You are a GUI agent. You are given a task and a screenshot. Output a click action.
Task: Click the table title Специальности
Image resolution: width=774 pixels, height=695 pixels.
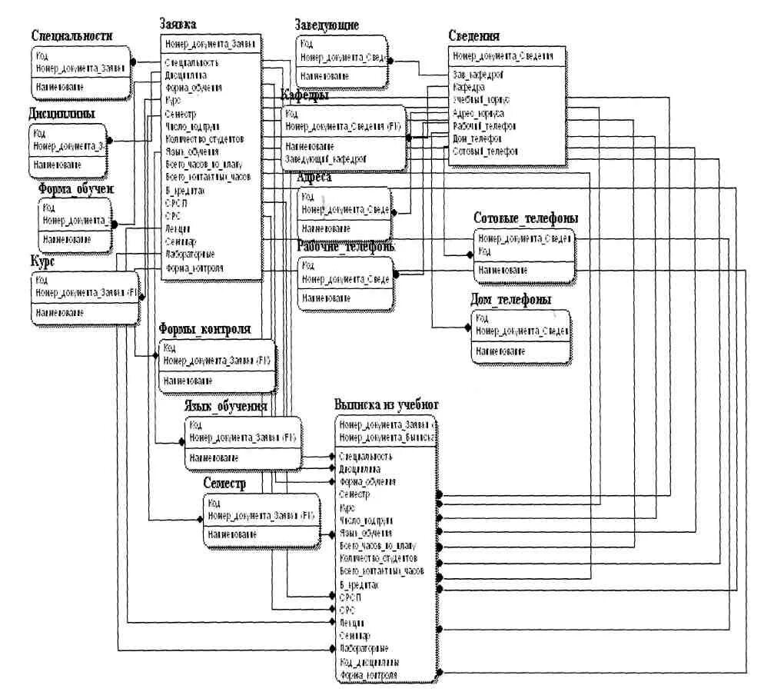point(72,35)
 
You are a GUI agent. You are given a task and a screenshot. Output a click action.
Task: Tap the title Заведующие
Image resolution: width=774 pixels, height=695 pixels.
point(327,25)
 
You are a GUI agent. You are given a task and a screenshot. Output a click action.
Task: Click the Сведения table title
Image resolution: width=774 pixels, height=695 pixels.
point(474,36)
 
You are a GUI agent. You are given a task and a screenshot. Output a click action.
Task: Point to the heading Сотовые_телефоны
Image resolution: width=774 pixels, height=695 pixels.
point(526,219)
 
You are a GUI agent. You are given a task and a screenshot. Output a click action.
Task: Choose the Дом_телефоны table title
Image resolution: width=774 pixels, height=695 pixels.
point(511,300)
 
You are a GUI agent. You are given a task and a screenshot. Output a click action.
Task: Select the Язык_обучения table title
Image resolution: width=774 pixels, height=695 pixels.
point(225,407)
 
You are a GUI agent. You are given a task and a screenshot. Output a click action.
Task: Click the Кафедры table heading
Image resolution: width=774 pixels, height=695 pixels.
point(305,96)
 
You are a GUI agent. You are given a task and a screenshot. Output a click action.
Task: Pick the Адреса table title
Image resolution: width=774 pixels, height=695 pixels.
point(314,178)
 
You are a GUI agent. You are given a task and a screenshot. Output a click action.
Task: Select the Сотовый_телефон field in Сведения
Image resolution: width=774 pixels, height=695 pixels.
point(486,151)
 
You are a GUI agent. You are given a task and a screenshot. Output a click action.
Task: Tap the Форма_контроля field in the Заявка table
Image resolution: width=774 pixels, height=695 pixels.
point(194,268)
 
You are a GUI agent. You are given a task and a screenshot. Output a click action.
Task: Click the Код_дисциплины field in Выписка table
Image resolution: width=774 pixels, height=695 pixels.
point(368,662)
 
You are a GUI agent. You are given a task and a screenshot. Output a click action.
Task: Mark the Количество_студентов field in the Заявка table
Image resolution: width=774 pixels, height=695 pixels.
point(204,139)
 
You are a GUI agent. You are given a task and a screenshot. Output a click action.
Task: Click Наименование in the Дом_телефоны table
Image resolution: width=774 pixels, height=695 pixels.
point(500,351)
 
